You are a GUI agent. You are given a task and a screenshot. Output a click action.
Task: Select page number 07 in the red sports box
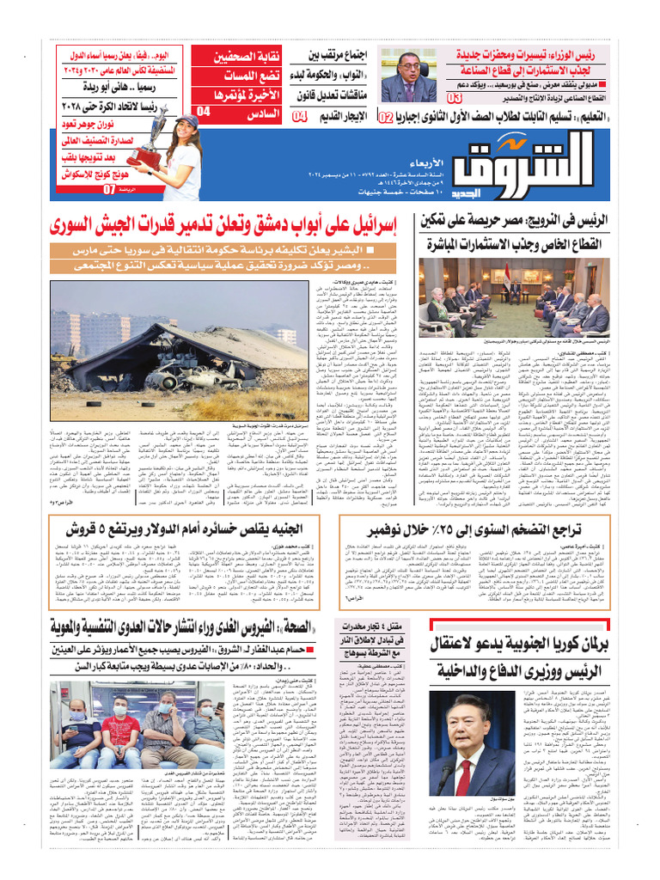coord(109,189)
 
